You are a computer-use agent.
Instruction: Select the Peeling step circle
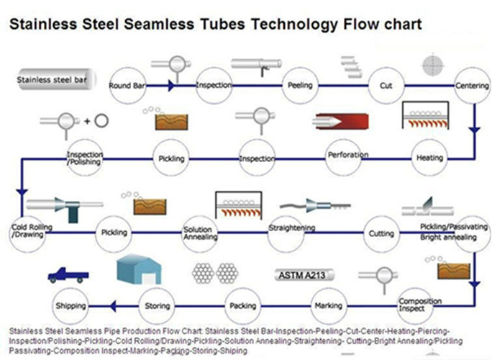300,86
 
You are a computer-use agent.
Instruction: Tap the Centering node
472,86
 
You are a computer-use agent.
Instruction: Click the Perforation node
347,156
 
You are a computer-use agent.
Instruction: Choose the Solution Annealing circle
197,232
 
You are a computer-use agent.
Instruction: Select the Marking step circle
328,305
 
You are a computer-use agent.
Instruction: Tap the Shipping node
70,305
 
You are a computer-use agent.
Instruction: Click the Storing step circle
158,305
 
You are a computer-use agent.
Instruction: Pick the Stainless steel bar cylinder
53,78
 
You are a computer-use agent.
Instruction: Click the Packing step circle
243,305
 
